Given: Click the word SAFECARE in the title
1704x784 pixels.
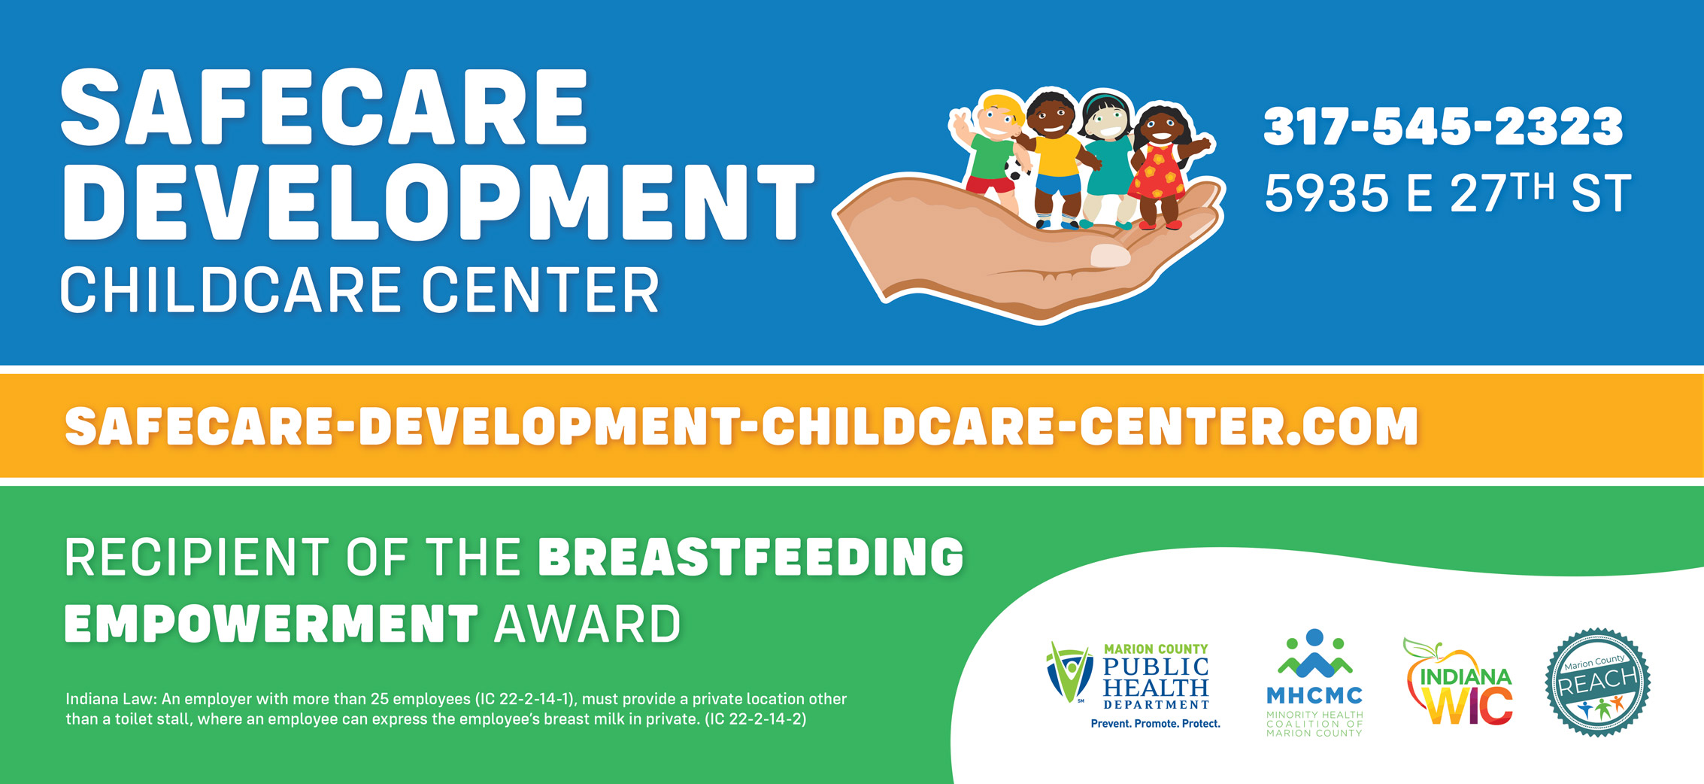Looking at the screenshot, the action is click(324, 108).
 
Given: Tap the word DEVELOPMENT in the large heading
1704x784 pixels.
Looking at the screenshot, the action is click(438, 202).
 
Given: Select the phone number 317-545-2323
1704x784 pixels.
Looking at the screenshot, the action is click(1443, 126).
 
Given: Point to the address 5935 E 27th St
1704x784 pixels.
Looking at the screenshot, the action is click(1448, 193).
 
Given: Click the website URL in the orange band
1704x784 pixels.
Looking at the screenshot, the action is click(741, 427).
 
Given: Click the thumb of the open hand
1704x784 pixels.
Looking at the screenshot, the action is click(1109, 255).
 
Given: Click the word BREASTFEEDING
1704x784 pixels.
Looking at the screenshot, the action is click(751, 558).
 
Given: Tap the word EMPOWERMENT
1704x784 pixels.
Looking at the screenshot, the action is click(271, 624).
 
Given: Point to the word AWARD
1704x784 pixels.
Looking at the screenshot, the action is click(587, 624).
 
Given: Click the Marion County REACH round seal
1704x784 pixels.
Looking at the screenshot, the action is click(1598, 682).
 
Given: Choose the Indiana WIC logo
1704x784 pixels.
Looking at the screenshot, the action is click(1458, 682).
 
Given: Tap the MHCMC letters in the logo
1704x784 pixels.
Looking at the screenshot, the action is click(1314, 695).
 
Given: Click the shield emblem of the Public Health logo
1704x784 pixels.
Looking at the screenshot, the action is click(1069, 672).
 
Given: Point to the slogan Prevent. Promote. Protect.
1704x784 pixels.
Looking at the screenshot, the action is click(1156, 724).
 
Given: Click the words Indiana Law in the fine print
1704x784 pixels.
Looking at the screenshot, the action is click(111, 699).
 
